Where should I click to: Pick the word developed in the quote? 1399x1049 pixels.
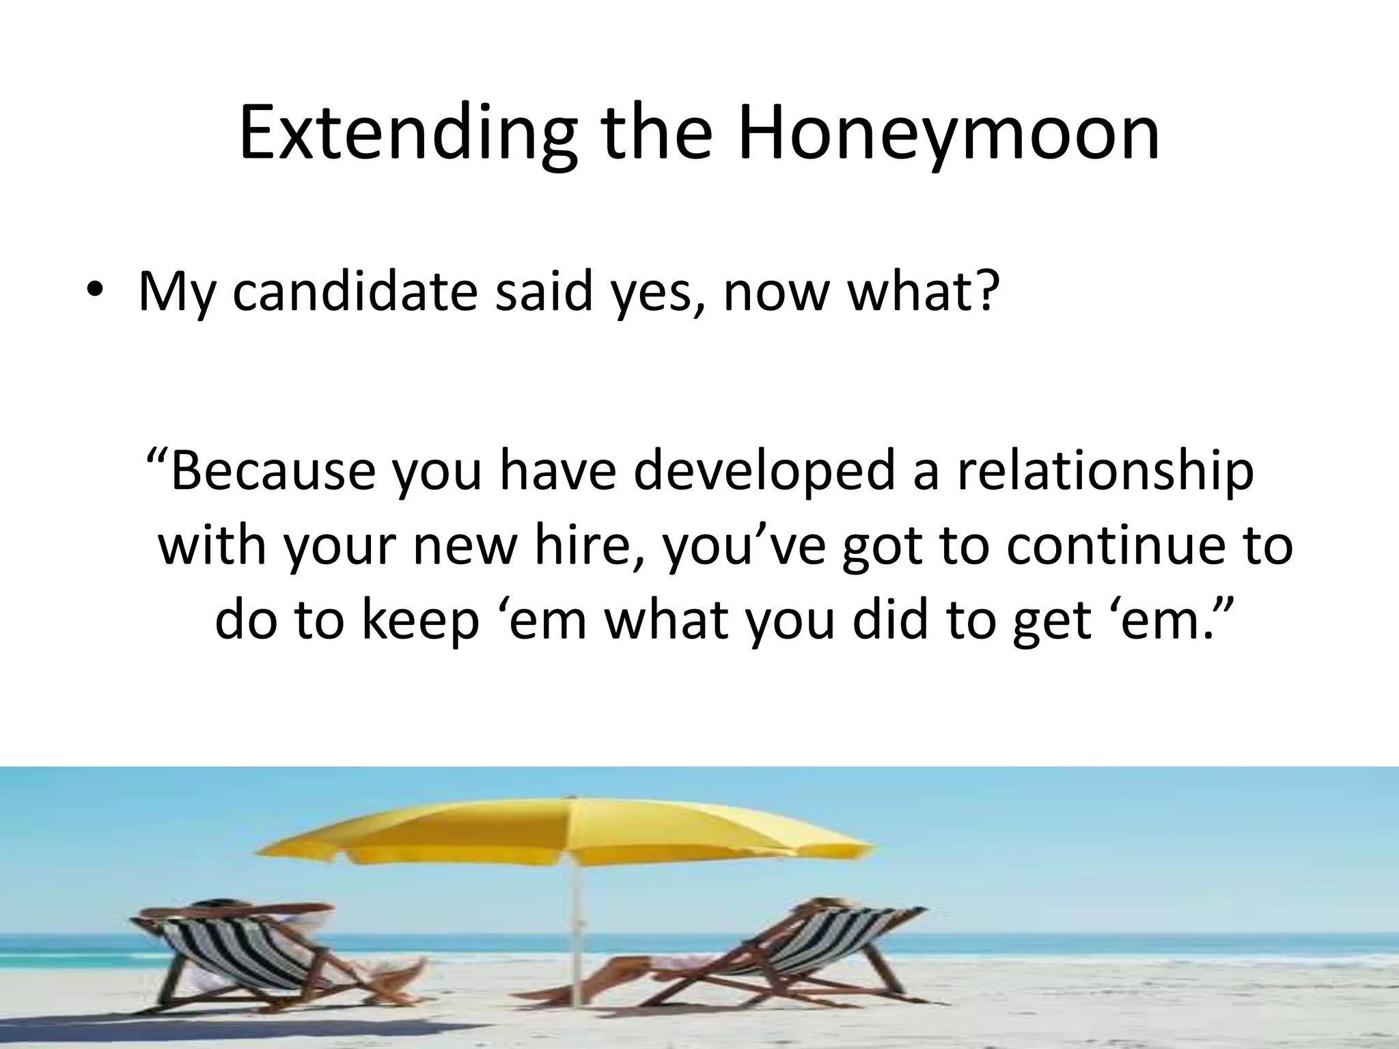764,471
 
